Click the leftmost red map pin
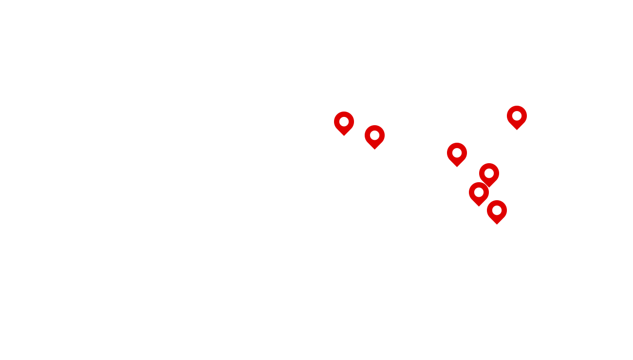tap(344, 122)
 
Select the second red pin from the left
tap(374, 136)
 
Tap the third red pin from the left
tap(457, 153)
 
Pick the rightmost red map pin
tap(517, 116)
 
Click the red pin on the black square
tap(489, 174)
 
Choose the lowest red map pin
tap(497, 211)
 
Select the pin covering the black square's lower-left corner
tap(479, 193)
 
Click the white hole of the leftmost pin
tap(344, 121)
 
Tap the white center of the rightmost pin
tap(517, 115)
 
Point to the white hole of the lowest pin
tap(497, 210)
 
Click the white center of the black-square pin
tap(489, 173)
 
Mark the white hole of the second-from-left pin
tap(374, 135)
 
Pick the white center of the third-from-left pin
tap(457, 152)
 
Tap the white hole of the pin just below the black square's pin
tap(479, 192)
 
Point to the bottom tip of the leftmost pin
tap(344, 135)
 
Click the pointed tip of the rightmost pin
tap(517, 130)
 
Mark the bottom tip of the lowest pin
tap(497, 224)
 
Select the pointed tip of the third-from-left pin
tap(457, 167)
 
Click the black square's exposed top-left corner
tap(480, 164)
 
